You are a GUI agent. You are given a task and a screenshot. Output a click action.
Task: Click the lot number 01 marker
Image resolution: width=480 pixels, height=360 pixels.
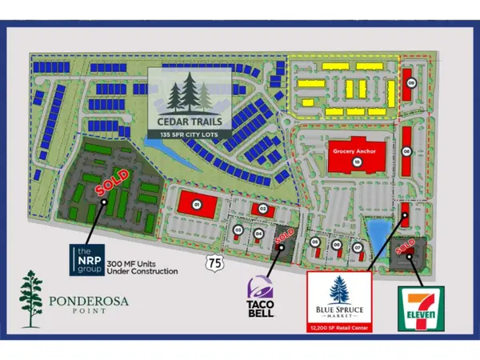click(x=196, y=205)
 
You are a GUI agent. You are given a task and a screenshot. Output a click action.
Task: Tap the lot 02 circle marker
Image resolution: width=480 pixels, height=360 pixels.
click(x=262, y=209)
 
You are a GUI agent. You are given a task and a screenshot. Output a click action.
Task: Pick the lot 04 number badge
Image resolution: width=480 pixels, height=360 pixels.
click(x=258, y=233)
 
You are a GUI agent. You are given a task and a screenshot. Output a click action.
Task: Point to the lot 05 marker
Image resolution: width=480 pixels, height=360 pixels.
click(x=315, y=243)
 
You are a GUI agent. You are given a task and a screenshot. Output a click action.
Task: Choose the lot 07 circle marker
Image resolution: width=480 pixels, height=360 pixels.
click(x=358, y=246)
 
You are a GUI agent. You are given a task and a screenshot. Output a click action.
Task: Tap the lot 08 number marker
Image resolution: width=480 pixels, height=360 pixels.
click(x=406, y=150)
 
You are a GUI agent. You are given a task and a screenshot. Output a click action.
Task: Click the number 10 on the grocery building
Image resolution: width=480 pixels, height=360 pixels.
click(x=357, y=162)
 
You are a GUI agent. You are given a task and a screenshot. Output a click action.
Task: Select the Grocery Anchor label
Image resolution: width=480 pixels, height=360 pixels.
click(x=356, y=148)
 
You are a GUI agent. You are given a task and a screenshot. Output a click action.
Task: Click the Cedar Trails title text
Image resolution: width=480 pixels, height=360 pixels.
click(x=194, y=122)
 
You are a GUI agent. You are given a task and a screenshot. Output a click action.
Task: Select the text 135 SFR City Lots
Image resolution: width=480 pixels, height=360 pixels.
click(x=194, y=134)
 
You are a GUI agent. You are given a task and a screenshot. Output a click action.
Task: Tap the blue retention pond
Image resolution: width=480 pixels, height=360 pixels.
click(x=376, y=234)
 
